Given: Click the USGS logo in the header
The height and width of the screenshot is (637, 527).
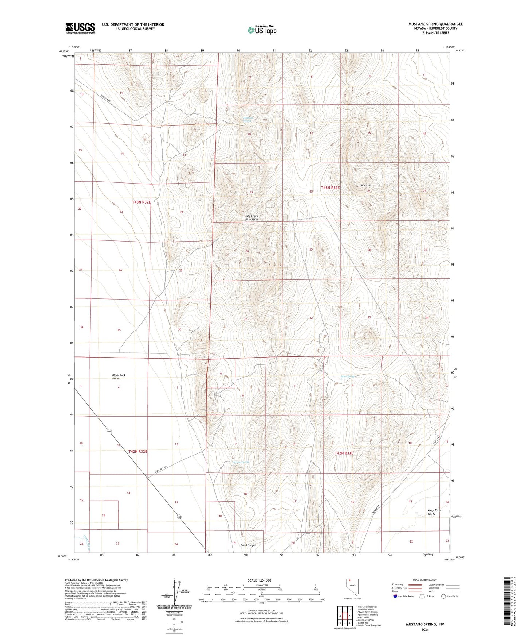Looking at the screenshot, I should tap(80, 28).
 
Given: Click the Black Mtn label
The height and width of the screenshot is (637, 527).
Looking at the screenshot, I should tap(367, 186).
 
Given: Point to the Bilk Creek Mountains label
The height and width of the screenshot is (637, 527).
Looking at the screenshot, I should tap(252, 217).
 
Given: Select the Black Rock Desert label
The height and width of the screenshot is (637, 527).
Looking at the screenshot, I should tap(119, 377).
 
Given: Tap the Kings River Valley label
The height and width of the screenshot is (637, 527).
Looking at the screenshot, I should tap(434, 512).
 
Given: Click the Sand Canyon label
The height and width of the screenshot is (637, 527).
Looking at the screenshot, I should tap(248, 545).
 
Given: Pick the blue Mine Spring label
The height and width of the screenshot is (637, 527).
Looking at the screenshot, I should tap(348, 377).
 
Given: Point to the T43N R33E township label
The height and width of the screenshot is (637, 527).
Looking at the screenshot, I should tap(330, 188).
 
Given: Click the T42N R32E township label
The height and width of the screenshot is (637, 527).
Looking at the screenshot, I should tap(138, 452).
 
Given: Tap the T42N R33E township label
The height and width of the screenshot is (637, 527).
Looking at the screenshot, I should tap(344, 453).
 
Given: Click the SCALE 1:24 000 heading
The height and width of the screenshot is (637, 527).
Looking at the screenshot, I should tap(259, 580).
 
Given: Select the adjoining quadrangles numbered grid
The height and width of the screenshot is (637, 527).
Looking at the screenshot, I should tap(345, 615).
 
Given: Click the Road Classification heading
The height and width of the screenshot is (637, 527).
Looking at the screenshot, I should tap(425, 580).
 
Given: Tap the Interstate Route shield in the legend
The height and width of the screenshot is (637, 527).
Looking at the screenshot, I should tap(396, 596).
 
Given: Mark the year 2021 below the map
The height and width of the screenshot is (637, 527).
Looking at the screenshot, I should tap(425, 629).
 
